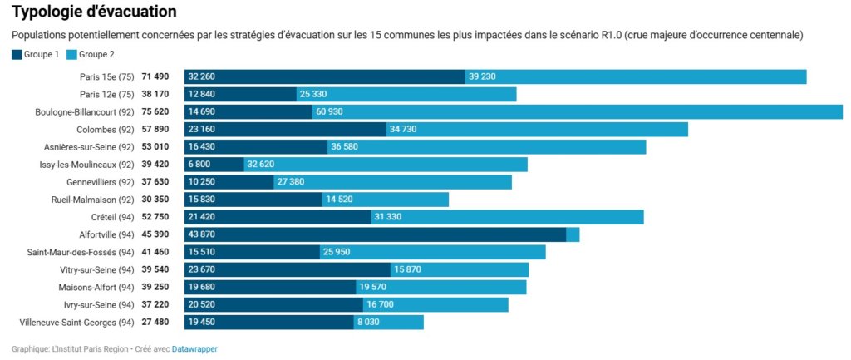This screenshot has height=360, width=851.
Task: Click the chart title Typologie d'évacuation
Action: [93, 12]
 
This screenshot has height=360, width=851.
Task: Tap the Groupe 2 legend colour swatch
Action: [71, 55]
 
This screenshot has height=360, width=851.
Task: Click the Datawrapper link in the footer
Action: [194, 349]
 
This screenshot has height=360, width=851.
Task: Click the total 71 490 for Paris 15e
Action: [155, 76]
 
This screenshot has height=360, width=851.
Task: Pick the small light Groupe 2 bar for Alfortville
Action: [573, 235]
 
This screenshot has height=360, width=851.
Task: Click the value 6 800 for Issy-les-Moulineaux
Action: [200, 165]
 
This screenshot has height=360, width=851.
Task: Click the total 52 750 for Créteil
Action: [155, 217]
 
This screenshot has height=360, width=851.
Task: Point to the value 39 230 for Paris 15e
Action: [482, 76]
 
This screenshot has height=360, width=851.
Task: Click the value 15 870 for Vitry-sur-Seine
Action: [407, 269]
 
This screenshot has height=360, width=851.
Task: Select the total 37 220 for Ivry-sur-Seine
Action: [155, 305]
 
